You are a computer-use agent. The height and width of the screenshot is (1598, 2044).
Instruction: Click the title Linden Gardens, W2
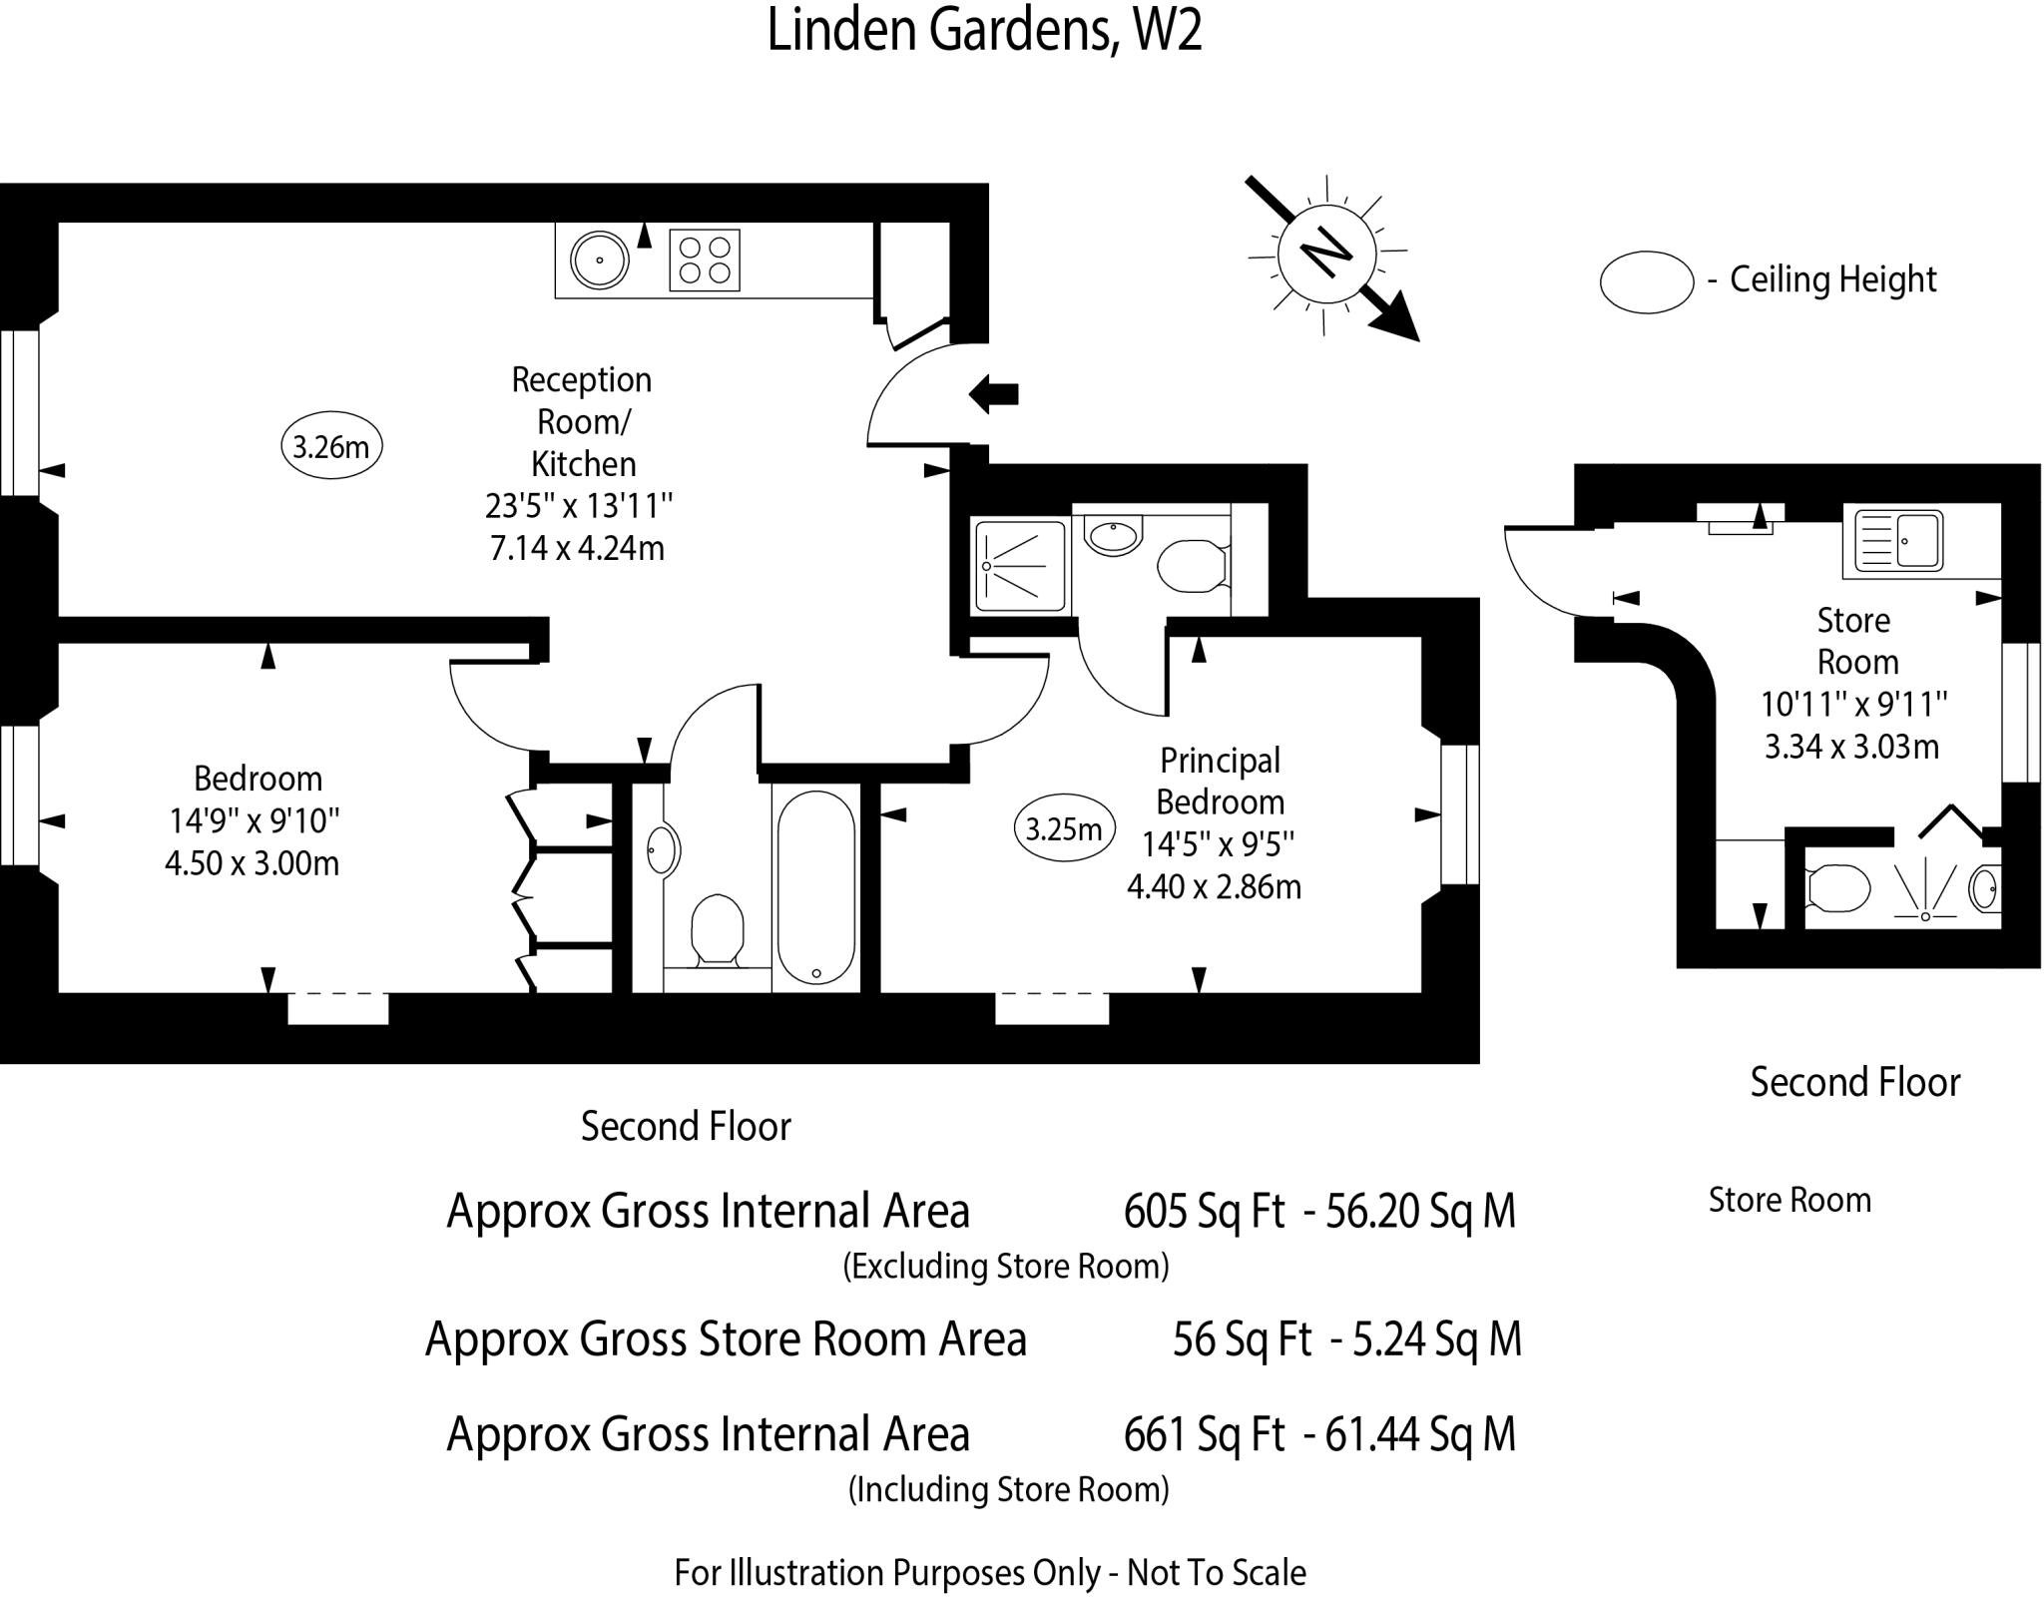click(x=984, y=30)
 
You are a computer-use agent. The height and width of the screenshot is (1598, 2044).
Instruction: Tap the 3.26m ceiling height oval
click(x=331, y=446)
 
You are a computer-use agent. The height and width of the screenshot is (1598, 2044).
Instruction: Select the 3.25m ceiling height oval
click(x=1064, y=828)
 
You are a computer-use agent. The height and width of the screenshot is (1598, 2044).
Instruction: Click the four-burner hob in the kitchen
click(x=705, y=260)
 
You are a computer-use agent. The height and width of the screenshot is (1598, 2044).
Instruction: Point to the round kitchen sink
click(x=599, y=260)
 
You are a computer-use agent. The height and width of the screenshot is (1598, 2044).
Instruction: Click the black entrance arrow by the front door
click(x=994, y=393)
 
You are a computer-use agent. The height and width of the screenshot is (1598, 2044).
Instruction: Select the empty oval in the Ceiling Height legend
click(x=1646, y=281)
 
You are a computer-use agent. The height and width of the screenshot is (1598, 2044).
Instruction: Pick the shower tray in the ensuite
click(x=1019, y=566)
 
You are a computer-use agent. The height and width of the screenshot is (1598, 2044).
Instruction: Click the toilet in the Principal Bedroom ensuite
click(x=1191, y=566)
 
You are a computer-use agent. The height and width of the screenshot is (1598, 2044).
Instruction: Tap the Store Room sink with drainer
click(x=1897, y=540)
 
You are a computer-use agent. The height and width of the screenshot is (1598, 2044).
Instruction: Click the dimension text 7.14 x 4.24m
click(x=577, y=548)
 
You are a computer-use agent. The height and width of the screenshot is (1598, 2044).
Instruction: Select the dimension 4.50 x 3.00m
click(x=253, y=862)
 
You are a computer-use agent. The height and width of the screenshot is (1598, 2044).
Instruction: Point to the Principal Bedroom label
click(x=1220, y=781)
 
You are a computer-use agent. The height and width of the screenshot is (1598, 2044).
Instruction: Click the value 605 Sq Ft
click(x=1204, y=1212)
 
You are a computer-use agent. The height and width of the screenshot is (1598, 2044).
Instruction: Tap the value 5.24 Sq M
click(x=1436, y=1338)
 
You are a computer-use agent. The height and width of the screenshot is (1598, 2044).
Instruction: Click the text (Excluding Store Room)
click(x=1005, y=1266)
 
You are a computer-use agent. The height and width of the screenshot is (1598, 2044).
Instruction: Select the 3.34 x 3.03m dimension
click(x=1851, y=746)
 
